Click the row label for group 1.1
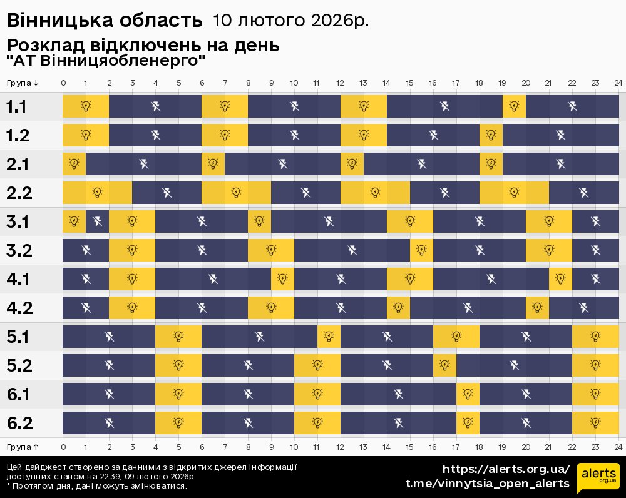16,107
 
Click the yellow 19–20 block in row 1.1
514,106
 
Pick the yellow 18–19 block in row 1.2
491,135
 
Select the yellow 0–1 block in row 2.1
74,164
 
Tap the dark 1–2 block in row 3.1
97,221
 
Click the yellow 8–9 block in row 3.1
259,221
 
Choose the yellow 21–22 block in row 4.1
560,279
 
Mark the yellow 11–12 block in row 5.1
329,337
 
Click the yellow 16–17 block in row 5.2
444,365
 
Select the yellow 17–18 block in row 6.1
468,394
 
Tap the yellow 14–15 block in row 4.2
398,308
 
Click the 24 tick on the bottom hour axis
618,447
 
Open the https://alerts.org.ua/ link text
506,469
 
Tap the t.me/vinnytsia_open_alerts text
488,484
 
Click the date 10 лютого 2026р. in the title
290,21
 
